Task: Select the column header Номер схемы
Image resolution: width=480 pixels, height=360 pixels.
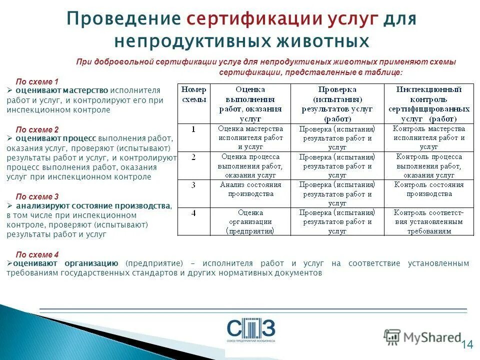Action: tap(193, 94)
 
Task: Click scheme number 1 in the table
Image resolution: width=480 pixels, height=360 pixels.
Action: tap(193, 129)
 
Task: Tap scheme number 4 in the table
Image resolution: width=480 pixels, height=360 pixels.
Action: tap(193, 213)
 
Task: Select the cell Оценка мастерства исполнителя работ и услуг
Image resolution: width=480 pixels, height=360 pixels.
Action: tap(250, 137)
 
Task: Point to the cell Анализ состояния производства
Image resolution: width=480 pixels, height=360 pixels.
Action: tap(250, 189)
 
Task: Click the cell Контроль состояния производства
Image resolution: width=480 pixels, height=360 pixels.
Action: tap(428, 189)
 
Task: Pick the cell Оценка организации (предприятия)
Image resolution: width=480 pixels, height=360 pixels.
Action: tap(250, 221)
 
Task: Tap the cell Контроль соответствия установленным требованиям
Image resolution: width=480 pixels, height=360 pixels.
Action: tap(428, 221)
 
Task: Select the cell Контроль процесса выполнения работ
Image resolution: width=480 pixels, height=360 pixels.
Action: tap(428, 165)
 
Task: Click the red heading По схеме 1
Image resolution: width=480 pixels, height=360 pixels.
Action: tap(37, 81)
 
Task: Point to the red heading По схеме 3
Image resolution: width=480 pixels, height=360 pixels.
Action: tap(37, 196)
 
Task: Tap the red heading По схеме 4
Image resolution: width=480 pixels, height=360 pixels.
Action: tap(37, 254)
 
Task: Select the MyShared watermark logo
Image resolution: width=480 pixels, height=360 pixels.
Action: tap(422, 337)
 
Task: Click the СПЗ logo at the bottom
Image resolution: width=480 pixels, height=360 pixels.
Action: tap(250, 330)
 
